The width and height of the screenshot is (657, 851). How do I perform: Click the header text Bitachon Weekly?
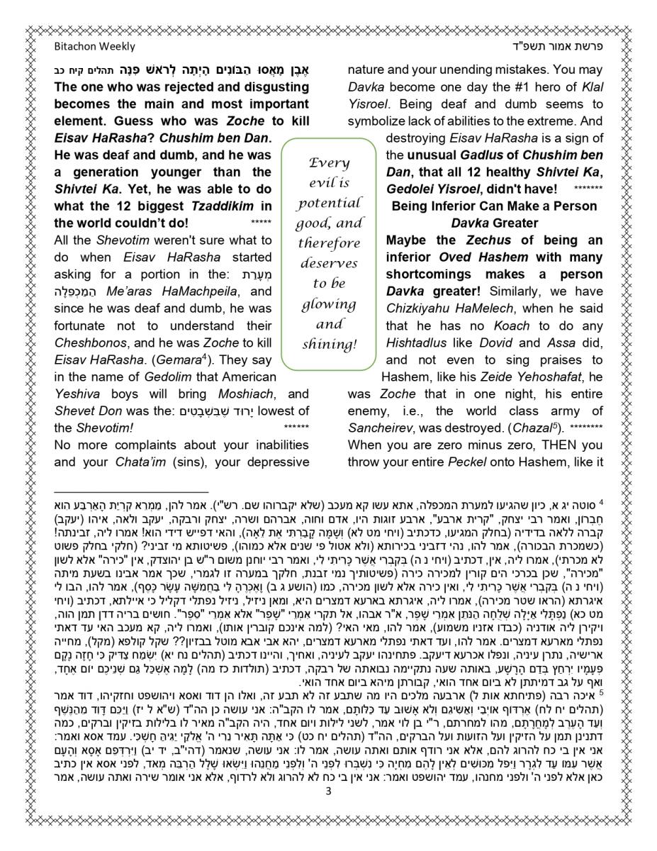pyautogui.click(x=94, y=47)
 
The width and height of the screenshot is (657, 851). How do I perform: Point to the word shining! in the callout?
pyautogui.click(x=330, y=345)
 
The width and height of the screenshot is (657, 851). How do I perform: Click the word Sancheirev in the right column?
pyautogui.click(x=383, y=428)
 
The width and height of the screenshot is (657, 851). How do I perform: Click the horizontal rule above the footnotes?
pyautogui.click(x=131, y=491)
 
